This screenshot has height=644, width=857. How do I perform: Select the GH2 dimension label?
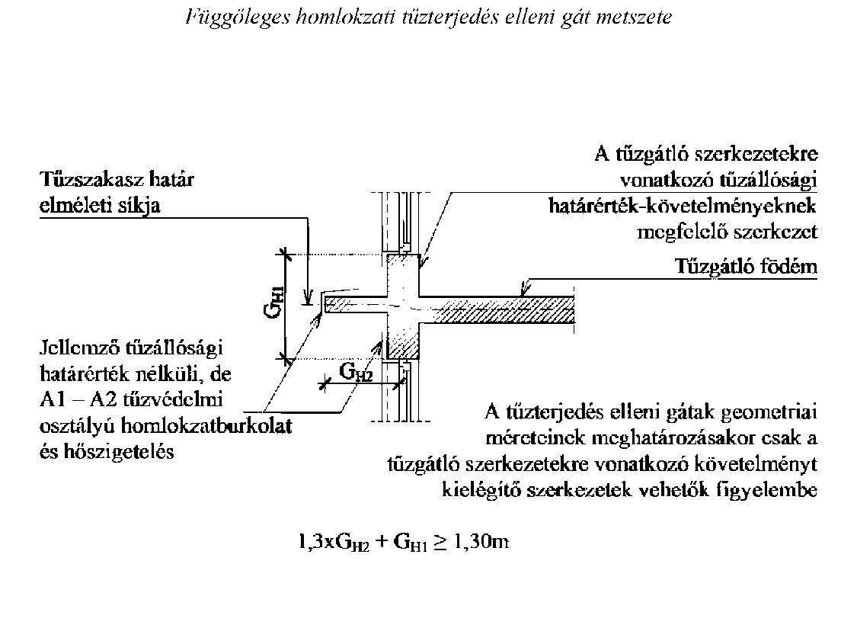[x=356, y=372]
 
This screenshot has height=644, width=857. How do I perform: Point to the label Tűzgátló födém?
[x=746, y=266]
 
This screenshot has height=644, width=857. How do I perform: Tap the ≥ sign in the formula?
[x=440, y=543]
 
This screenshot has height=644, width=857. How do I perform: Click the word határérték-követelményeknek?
[x=682, y=206]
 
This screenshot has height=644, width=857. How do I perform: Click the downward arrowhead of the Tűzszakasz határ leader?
[x=309, y=298]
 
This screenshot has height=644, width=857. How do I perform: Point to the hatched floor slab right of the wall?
[x=497, y=310]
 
